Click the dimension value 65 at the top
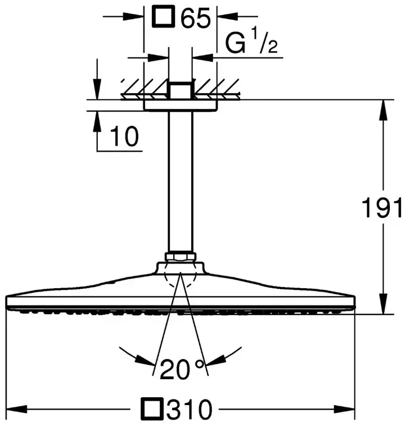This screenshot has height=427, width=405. tap(196, 17)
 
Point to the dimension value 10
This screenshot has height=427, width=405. tap(124, 136)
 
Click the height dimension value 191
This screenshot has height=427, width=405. tap(382, 207)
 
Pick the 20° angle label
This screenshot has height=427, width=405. tap(182, 369)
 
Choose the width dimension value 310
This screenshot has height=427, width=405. tap(190, 409)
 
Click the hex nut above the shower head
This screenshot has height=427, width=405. tap(180, 257)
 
